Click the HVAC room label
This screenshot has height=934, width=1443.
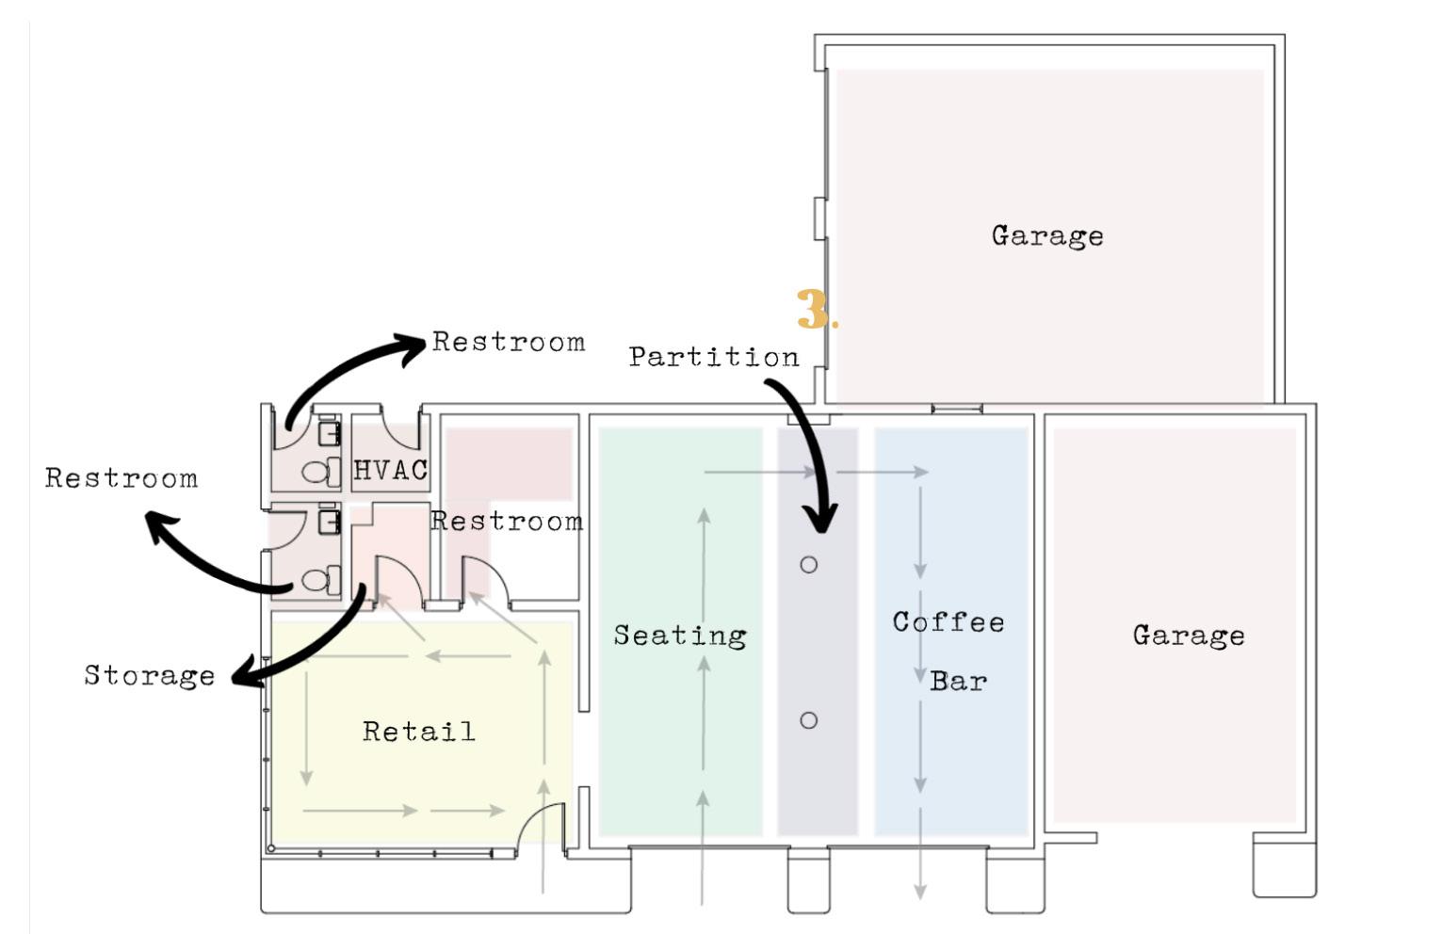390,469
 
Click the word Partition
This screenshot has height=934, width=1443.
714,357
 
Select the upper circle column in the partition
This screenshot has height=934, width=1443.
808,565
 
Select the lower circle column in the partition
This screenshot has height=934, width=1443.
808,720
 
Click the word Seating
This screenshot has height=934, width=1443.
680,636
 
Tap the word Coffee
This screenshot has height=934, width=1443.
948,622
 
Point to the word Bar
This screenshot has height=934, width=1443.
958,681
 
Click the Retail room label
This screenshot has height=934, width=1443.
419,732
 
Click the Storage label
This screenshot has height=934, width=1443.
150,675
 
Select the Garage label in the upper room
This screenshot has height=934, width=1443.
1046,235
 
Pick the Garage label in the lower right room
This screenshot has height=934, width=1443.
1188,636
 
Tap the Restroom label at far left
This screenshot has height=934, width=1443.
122,478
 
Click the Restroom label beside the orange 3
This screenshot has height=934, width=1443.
509,342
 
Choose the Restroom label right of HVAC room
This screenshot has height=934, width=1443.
507,522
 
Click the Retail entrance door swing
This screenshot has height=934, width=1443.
541,825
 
